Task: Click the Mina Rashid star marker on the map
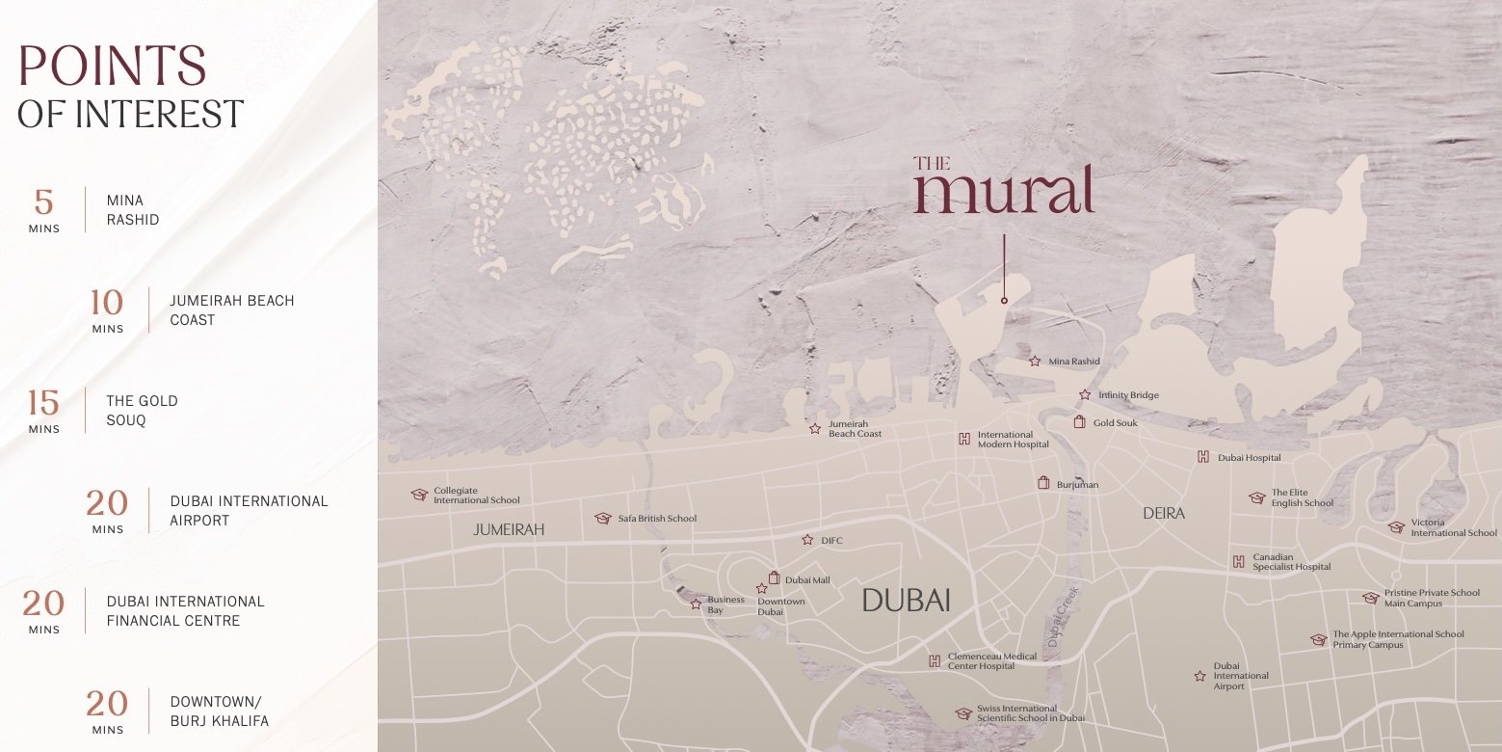click(1035, 362)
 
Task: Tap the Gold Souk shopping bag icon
click(1080, 422)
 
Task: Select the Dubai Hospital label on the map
click(1250, 458)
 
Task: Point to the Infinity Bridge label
click(1128, 395)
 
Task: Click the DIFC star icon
click(807, 540)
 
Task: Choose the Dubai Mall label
click(807, 580)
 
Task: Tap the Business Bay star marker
click(696, 604)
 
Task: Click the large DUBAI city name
click(906, 601)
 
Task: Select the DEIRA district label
click(1164, 514)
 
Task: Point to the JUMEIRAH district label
click(509, 530)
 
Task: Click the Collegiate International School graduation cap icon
click(419, 495)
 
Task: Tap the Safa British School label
click(657, 519)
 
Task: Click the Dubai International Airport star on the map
click(1199, 676)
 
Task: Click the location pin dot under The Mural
click(1004, 301)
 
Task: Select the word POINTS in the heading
click(113, 67)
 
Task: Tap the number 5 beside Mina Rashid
click(44, 202)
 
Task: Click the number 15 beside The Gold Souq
click(44, 403)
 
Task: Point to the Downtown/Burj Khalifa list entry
click(219, 712)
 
